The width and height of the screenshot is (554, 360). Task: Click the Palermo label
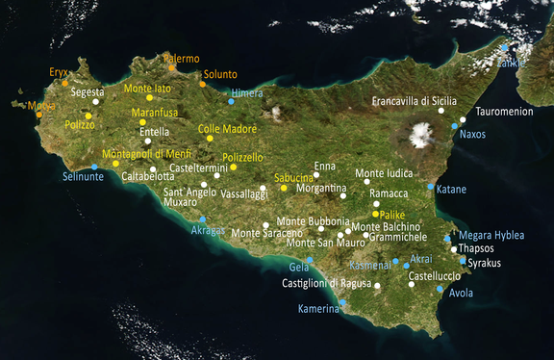[182, 59]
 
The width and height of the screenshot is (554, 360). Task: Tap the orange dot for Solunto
[202, 84]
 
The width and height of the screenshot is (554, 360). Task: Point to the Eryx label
[59, 72]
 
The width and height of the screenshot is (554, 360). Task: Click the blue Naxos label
[472, 135]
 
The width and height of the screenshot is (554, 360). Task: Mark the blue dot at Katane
[430, 188]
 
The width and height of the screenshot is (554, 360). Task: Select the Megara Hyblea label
[491, 235]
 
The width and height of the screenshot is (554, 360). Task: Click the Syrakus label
[485, 263]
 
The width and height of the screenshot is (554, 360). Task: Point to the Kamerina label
[319, 309]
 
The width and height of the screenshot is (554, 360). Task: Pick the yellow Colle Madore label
[227, 128]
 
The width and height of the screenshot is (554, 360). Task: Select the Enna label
[324, 167]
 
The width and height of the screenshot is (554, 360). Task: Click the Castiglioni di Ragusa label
[326, 283]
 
